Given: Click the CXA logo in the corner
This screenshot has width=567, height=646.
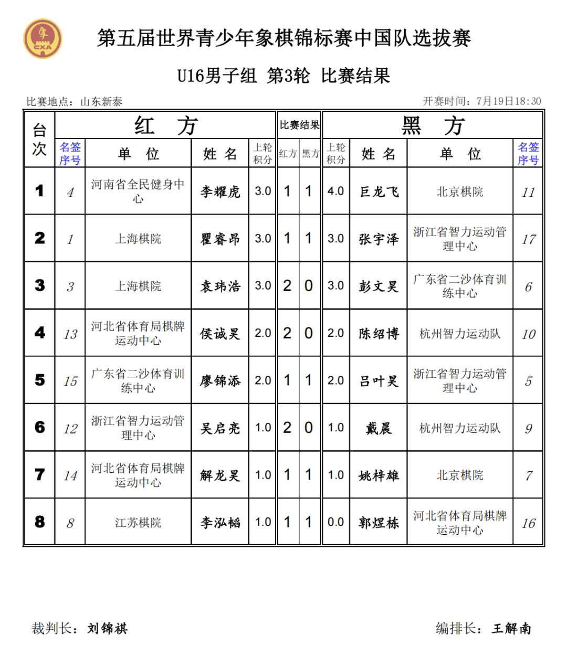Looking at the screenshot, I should (x=43, y=39).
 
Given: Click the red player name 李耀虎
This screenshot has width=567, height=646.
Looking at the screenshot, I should (x=220, y=192).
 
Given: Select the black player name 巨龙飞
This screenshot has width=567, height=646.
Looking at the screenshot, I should (x=379, y=192).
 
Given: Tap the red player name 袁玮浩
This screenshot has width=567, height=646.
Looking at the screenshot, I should (x=220, y=286).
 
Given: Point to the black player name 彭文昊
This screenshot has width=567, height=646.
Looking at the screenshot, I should (x=379, y=286).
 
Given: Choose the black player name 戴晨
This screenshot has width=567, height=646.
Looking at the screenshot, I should (x=379, y=428).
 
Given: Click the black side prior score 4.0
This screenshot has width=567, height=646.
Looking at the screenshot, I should (x=335, y=191).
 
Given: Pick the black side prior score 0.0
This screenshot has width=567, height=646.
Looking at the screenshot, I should (x=335, y=522).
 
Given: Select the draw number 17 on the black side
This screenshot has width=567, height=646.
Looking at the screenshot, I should (x=528, y=239).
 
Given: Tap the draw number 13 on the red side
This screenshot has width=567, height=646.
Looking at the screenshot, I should (x=70, y=334).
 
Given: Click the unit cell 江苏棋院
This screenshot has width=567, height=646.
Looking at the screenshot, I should (x=138, y=523).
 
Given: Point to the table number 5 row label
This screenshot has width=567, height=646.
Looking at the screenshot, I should (x=40, y=380).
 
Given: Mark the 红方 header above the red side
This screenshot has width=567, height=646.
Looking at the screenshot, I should (x=165, y=125).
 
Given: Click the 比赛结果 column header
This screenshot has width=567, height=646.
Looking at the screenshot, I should (x=299, y=125).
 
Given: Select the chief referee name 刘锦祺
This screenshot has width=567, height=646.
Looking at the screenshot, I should (x=108, y=628).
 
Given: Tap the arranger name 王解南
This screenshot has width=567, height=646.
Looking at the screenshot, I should (x=511, y=628).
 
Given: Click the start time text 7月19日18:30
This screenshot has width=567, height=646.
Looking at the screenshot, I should (x=508, y=101).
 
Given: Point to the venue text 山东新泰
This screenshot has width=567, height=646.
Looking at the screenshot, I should (x=101, y=102).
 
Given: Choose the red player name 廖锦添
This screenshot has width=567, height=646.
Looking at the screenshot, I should (x=220, y=381).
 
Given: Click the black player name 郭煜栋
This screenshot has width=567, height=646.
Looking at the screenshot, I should (x=379, y=523).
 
